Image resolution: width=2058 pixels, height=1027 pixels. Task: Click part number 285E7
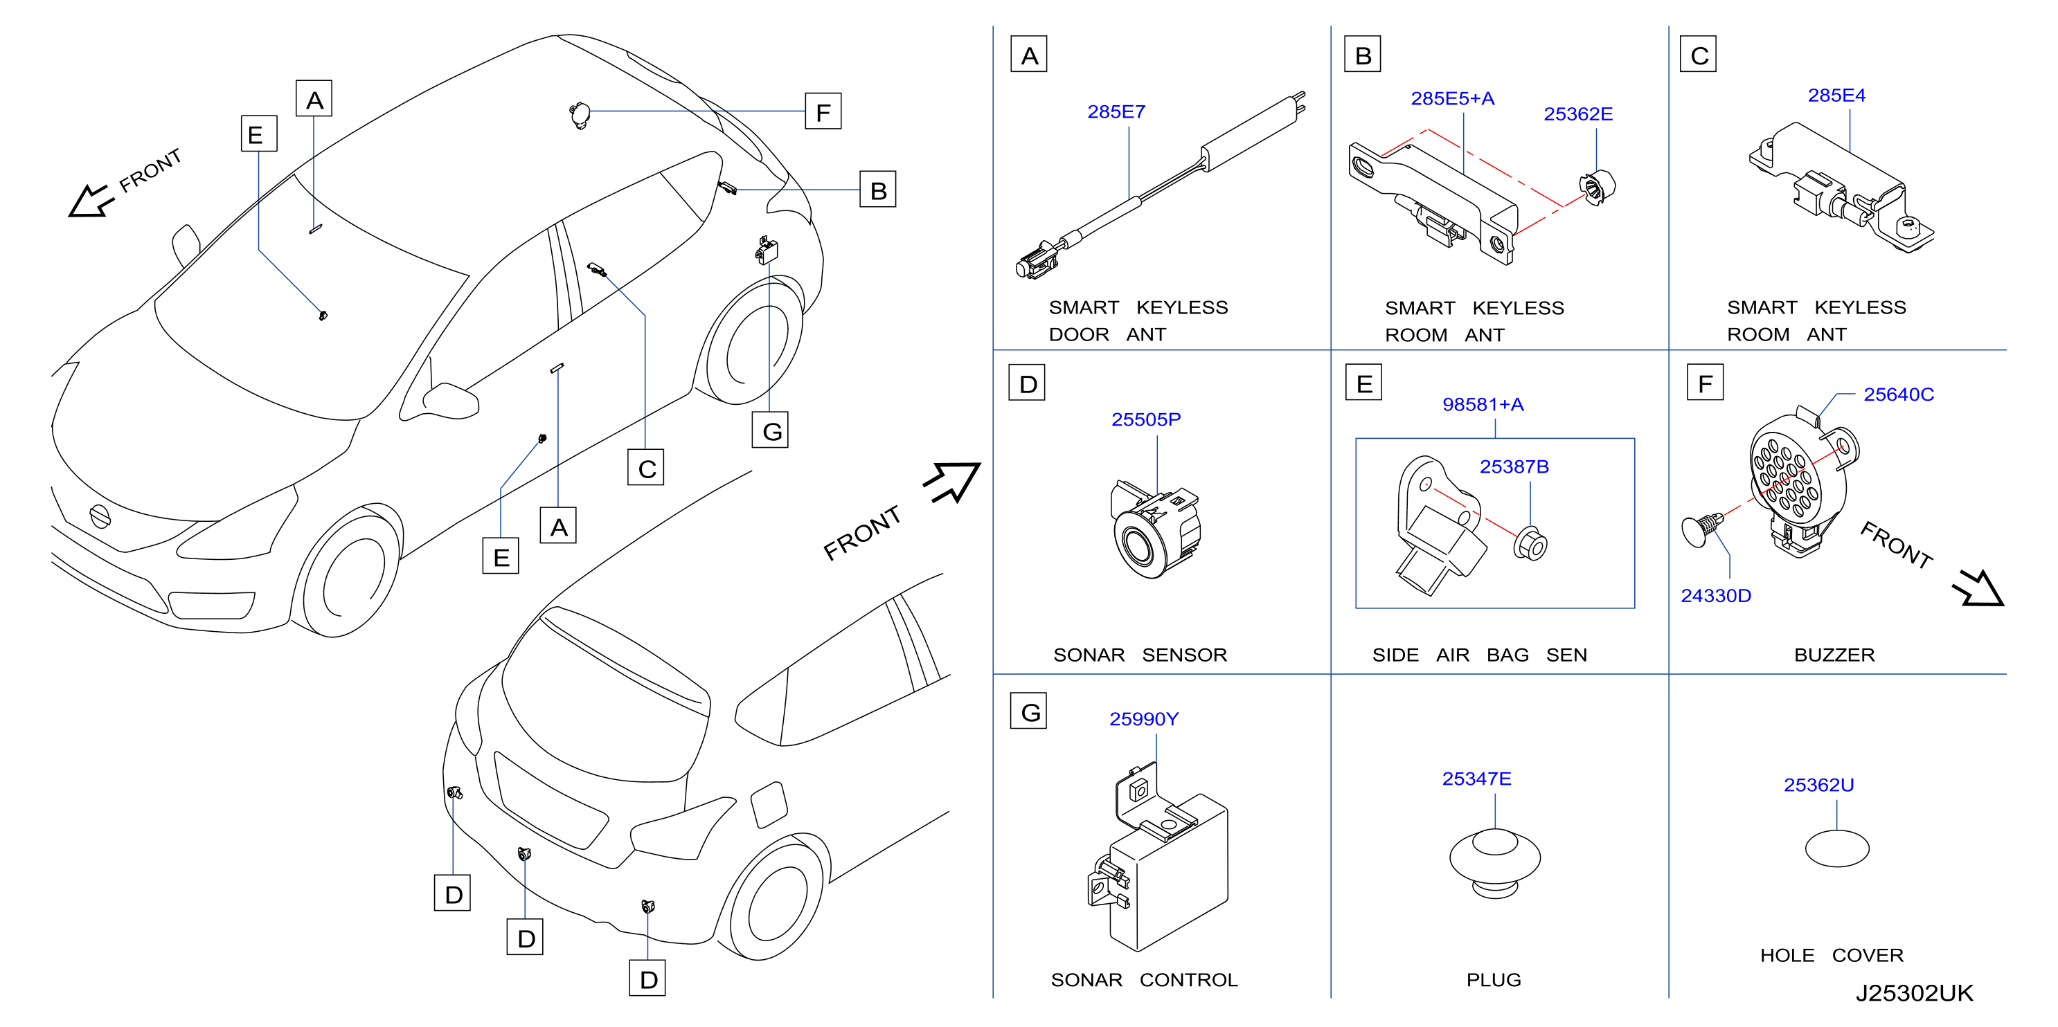coord(1116,112)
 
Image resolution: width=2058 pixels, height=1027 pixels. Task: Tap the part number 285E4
coord(1836,96)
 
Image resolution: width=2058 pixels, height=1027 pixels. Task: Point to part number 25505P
coord(1145,419)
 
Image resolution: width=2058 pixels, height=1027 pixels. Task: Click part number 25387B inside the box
coord(1514,466)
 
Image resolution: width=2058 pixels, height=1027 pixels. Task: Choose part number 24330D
coord(1715,596)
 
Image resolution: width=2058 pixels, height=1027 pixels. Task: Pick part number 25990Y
coord(1143,719)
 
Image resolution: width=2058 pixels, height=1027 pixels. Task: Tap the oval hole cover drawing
coord(1836,848)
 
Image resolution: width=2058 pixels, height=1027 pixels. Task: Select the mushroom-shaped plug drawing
coord(1495,863)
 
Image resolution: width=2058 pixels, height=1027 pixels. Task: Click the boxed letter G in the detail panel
coord(1029,711)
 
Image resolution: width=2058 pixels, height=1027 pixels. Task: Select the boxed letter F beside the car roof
coord(823,112)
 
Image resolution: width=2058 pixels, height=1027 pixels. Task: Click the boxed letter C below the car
coord(646,468)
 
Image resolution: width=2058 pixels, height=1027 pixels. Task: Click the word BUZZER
coord(1834,655)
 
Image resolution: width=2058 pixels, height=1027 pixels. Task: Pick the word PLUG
coord(1493,980)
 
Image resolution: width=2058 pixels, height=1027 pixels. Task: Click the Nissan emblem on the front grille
coord(99,516)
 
